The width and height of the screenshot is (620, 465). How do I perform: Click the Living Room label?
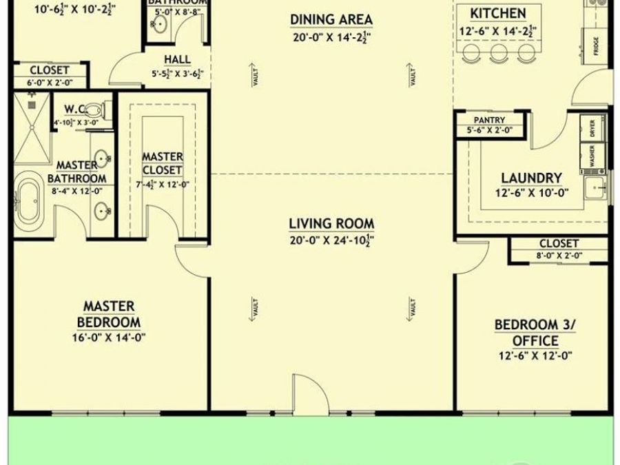pyautogui.click(x=331, y=223)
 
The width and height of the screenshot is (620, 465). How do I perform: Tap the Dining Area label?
pyautogui.click(x=331, y=19)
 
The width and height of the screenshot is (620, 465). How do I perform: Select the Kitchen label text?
pyautogui.click(x=497, y=14)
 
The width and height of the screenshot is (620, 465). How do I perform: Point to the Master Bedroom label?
pyautogui.click(x=110, y=313)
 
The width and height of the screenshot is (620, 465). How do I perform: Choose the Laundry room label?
pyautogui.click(x=531, y=178)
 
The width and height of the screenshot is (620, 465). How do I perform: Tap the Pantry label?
pyautogui.click(x=489, y=120)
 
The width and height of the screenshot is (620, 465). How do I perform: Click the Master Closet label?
pyautogui.click(x=163, y=163)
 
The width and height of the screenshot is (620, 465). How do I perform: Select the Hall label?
pyautogui.click(x=177, y=59)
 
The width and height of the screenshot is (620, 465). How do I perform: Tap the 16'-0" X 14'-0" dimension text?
pyautogui.click(x=110, y=338)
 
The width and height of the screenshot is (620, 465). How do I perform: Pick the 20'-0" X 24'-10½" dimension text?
pyautogui.click(x=331, y=240)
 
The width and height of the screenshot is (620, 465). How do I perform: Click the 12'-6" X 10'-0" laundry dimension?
pyautogui.click(x=531, y=193)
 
